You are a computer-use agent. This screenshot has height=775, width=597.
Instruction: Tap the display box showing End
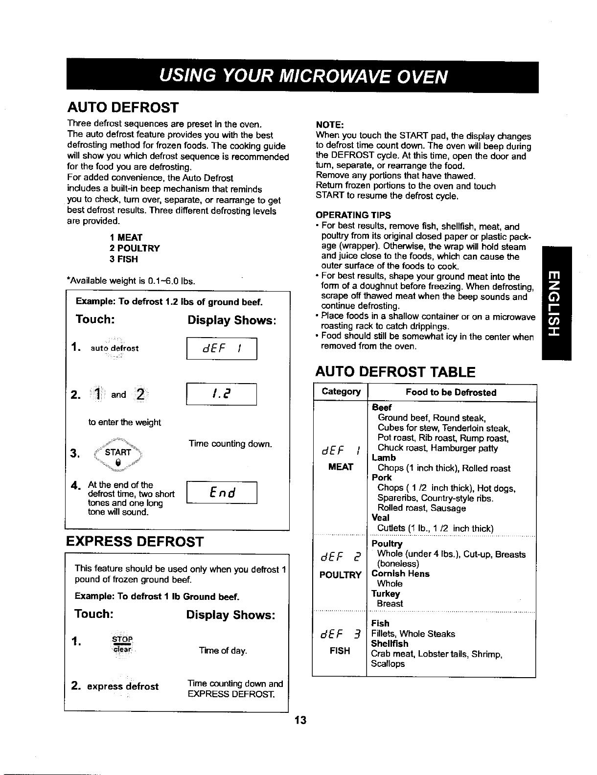click(222, 492)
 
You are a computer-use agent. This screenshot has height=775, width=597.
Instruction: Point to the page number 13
click(300, 720)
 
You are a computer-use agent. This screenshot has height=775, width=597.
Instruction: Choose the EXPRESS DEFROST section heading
click(135, 542)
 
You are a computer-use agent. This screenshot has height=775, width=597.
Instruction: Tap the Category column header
click(341, 391)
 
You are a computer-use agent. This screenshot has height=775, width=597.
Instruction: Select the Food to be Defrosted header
click(451, 392)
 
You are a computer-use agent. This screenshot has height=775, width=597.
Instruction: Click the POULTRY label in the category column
click(340, 574)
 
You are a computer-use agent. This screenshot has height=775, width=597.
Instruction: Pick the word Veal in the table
click(381, 518)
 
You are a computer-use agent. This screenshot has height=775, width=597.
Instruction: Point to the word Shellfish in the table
click(390, 643)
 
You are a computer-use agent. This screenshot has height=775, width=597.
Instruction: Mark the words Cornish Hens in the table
click(400, 573)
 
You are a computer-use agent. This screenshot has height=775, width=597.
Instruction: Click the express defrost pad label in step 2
click(123, 686)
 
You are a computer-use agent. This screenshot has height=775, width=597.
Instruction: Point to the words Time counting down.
click(230, 444)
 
